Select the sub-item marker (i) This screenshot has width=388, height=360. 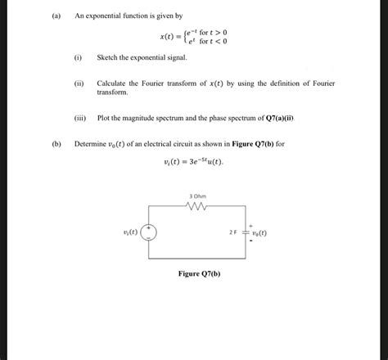tap(78, 58)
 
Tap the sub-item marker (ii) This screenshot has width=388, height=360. tap(79, 83)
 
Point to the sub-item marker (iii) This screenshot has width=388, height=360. tap(79, 118)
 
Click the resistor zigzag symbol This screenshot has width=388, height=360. tap(198, 206)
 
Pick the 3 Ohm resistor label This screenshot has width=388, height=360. tap(198, 196)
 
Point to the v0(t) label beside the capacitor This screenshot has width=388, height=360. tap(267, 232)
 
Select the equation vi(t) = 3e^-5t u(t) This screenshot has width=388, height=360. tap(193, 161)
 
